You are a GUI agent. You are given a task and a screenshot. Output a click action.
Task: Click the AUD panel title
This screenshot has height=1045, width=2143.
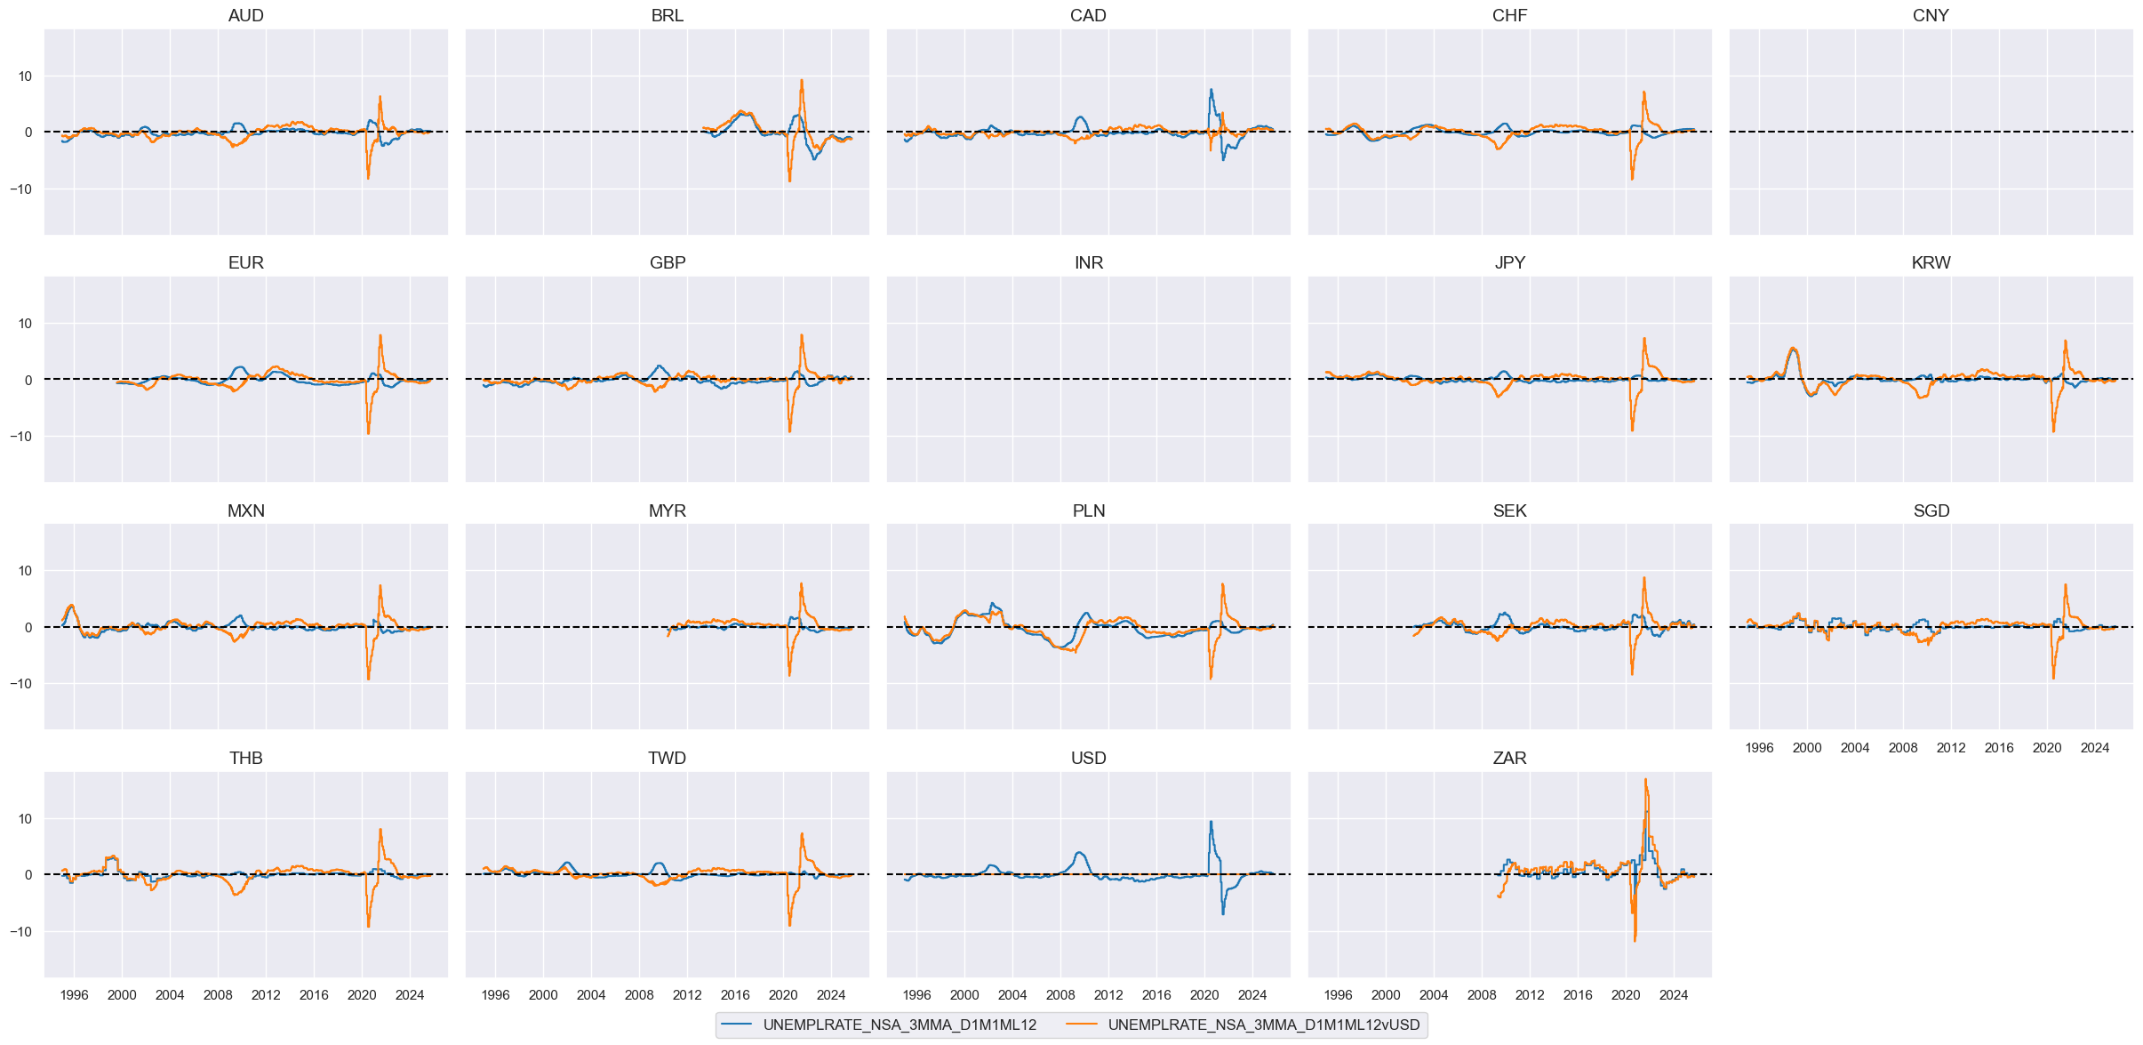245,15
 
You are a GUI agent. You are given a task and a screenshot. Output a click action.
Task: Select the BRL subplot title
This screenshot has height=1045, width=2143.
667,15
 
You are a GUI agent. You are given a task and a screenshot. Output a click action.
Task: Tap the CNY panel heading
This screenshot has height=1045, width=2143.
1931,15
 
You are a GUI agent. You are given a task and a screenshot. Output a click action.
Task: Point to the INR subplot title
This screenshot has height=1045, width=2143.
1088,262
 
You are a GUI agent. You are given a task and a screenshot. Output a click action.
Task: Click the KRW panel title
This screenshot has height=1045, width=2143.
1931,262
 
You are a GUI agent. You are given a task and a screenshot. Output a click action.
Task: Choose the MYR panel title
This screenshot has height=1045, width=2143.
667,510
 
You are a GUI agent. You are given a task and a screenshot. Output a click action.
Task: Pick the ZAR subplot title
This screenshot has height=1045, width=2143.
1509,758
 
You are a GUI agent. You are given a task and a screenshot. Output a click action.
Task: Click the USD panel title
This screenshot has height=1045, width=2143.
1088,758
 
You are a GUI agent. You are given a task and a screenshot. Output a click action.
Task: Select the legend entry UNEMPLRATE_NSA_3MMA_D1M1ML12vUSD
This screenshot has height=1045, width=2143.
1263,1025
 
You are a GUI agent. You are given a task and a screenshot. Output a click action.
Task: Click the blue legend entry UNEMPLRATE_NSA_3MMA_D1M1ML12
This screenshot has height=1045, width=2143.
899,1025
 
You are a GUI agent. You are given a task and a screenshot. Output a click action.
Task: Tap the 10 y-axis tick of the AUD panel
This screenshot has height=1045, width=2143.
24,76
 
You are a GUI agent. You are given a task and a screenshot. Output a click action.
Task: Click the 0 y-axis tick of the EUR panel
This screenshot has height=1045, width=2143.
28,381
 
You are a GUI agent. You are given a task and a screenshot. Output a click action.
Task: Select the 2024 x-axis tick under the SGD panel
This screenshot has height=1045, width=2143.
2094,748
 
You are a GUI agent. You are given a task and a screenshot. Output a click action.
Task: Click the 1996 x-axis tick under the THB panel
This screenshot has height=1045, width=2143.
74,995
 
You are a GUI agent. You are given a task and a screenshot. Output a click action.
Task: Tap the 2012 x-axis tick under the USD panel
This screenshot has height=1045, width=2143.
1108,995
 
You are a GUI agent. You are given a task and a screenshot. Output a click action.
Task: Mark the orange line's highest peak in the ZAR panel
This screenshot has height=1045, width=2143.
1645,780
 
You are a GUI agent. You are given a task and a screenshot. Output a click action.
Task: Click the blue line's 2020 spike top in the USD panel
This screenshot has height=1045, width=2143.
1211,822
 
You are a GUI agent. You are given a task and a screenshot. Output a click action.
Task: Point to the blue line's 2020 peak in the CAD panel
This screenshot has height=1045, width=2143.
1211,89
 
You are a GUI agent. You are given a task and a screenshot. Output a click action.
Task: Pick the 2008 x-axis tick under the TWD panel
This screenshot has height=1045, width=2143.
639,995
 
